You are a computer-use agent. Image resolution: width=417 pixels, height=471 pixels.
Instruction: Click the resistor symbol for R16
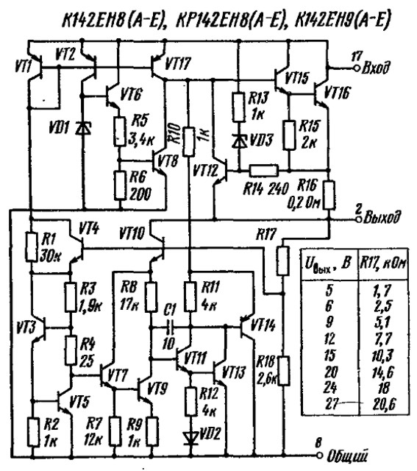(329, 195)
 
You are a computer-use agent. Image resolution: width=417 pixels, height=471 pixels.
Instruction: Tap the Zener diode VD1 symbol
(82, 128)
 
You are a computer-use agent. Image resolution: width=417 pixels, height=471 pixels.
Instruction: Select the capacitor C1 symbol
(170, 327)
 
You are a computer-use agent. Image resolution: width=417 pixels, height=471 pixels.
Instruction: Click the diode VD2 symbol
(191, 439)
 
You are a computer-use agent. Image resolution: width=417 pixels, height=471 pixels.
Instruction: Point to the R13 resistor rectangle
(238, 107)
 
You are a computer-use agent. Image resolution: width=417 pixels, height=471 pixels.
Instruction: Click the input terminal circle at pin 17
(357, 68)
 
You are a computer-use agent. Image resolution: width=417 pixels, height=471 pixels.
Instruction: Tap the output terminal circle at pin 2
(358, 219)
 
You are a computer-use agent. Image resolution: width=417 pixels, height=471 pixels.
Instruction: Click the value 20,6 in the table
(384, 403)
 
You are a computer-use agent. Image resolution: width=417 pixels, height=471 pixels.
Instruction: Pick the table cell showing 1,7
(382, 291)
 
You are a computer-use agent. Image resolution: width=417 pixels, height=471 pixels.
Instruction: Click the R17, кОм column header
(383, 263)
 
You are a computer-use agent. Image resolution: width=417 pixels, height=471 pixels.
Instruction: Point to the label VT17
(178, 63)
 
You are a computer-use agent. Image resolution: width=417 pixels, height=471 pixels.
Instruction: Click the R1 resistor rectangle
(31, 247)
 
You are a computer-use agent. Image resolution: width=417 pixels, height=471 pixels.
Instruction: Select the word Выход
(382, 217)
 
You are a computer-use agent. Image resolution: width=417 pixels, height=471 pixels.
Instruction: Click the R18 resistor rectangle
(284, 371)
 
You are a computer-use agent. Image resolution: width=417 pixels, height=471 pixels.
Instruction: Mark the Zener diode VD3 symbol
(239, 141)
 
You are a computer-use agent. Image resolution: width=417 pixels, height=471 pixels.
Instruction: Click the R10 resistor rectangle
(189, 141)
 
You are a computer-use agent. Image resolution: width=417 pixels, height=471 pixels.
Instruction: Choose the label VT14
(263, 325)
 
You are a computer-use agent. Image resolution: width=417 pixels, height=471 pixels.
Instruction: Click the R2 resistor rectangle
(33, 432)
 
